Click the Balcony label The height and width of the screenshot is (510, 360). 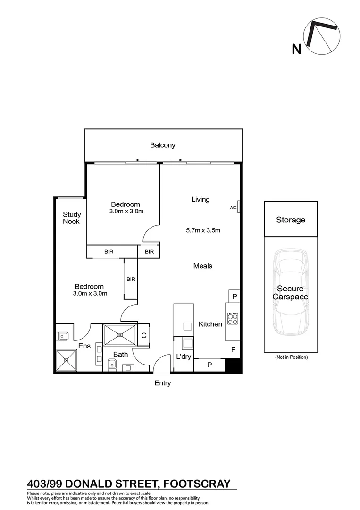(x=163, y=145)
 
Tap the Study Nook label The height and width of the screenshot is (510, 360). (x=72, y=218)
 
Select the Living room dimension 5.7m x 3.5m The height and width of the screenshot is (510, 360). (x=203, y=230)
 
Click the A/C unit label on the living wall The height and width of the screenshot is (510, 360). (x=233, y=207)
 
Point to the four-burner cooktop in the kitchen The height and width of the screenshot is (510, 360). (x=232, y=320)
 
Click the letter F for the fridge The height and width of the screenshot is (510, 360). (x=233, y=350)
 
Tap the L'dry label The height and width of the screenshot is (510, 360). (x=184, y=357)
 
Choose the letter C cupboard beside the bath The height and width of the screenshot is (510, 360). (x=144, y=335)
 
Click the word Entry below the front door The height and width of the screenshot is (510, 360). (x=163, y=383)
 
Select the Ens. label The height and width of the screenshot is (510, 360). (x=85, y=346)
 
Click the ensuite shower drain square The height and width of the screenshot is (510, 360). (x=66, y=360)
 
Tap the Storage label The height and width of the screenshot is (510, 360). (x=291, y=220)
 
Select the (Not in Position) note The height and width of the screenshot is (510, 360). (x=291, y=357)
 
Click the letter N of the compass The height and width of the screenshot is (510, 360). (x=297, y=48)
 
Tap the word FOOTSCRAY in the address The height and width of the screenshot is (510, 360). (x=196, y=484)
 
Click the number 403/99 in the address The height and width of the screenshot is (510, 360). (x=45, y=484)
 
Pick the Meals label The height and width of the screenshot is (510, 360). (x=203, y=266)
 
